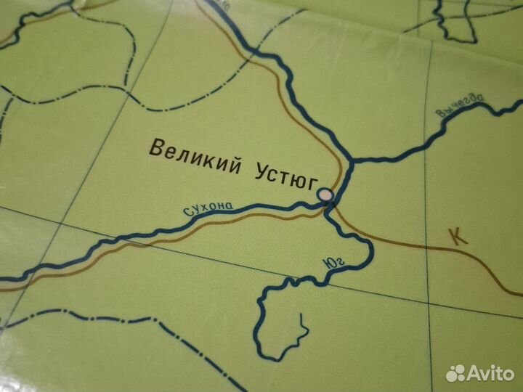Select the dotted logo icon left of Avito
coord(455,372)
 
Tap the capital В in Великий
coord(155,148)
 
